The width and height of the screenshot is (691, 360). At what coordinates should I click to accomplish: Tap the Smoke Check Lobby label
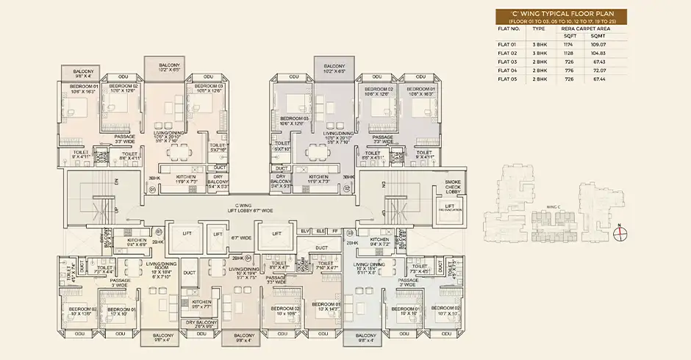(x=452, y=187)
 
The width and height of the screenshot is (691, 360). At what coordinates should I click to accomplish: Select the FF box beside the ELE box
(x=336, y=231)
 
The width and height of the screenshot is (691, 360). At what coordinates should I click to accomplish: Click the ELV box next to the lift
(x=305, y=231)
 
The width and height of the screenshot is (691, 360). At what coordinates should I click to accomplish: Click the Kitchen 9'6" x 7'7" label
(x=201, y=304)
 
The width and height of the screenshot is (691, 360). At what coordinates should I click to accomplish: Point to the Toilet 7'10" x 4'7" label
(x=323, y=269)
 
